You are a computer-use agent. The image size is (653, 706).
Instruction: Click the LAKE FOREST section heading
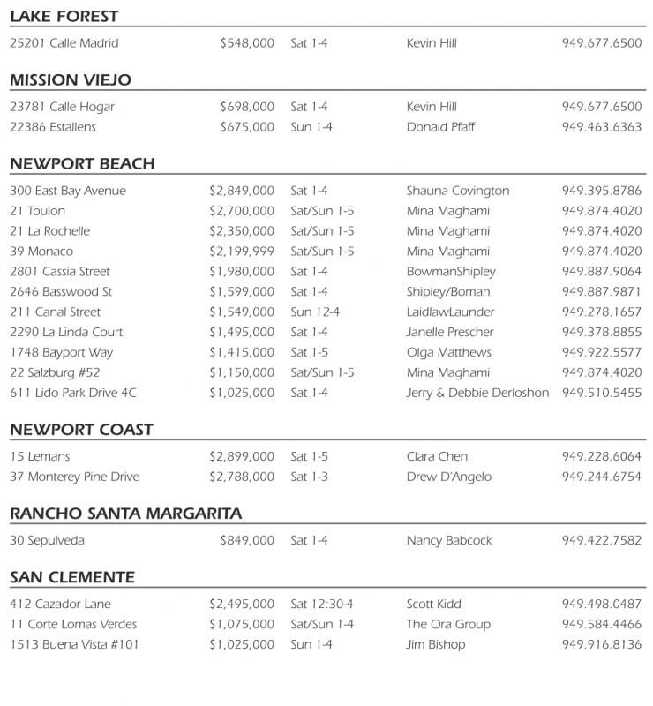pyautogui.click(x=64, y=17)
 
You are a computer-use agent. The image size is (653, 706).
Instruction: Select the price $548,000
pyautogui.click(x=247, y=43)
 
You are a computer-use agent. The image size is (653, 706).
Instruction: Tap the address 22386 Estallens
pyautogui.click(x=53, y=127)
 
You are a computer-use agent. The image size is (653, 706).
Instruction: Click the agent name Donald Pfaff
pyautogui.click(x=440, y=127)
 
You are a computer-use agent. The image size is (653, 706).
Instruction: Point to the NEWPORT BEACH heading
pyautogui.click(x=82, y=164)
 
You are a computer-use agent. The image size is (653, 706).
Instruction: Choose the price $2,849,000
pyautogui.click(x=242, y=191)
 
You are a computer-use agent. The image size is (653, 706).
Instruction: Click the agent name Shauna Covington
pyautogui.click(x=457, y=191)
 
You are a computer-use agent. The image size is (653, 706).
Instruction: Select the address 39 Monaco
pyautogui.click(x=41, y=252)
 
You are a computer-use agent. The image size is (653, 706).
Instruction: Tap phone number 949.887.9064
pyautogui.click(x=602, y=272)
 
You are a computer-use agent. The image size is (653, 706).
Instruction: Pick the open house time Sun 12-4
pyautogui.click(x=315, y=312)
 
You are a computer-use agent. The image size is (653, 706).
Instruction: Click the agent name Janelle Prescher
pyautogui.click(x=450, y=333)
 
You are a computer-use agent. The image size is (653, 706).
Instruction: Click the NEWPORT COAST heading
pyautogui.click(x=81, y=430)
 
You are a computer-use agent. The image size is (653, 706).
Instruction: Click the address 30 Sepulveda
pyautogui.click(x=48, y=541)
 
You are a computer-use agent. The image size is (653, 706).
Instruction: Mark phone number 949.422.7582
pyautogui.click(x=602, y=541)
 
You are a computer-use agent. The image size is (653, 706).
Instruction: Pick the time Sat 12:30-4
pyautogui.click(x=322, y=605)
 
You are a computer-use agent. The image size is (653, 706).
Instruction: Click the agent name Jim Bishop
pyautogui.click(x=436, y=645)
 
